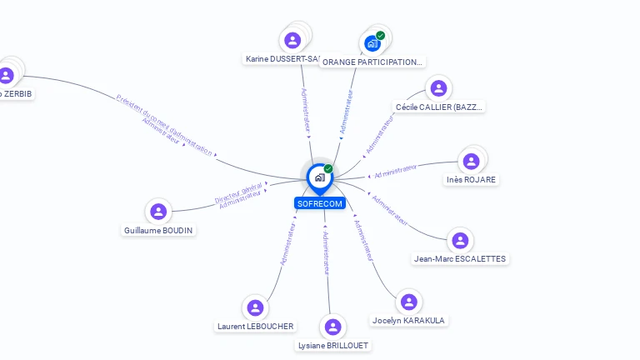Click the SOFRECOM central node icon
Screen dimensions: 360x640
pos(319,177)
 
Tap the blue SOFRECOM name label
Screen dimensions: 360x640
pos(319,203)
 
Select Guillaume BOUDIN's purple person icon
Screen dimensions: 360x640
pos(158,212)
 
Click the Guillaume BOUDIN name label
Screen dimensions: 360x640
pos(158,230)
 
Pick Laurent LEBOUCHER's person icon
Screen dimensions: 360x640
pos(256,307)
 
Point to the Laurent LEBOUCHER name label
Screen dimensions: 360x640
pos(255,326)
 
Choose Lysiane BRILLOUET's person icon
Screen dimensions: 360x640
pos(333,327)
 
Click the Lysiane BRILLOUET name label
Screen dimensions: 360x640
pos(333,345)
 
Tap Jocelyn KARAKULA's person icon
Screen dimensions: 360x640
pos(407,302)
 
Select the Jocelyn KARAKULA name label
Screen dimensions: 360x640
pos(407,321)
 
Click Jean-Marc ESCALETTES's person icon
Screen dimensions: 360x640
pos(460,240)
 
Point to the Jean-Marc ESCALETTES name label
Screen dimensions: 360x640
pos(460,258)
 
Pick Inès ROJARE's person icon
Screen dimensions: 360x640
pos(471,161)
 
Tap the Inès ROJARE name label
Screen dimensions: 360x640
pos(471,179)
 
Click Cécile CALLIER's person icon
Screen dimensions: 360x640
pos(437,88)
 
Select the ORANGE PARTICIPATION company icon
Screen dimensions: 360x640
pos(372,43)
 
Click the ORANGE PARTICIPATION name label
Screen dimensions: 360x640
pos(372,62)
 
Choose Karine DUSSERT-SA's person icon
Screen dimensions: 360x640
pos(292,40)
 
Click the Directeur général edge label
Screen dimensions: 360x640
pos(238,192)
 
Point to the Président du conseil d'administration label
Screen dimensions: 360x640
pos(164,125)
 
